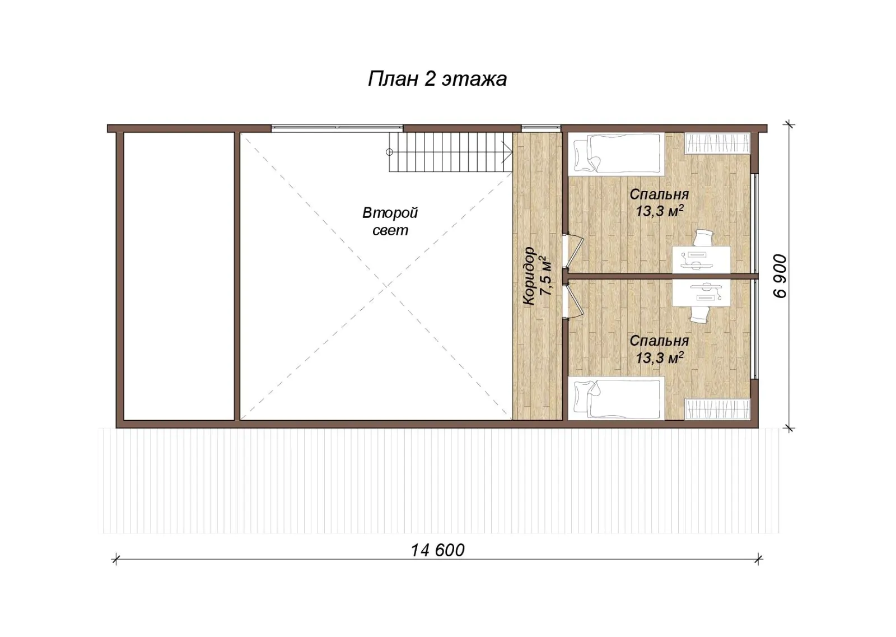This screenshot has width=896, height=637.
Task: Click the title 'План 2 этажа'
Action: (437, 79)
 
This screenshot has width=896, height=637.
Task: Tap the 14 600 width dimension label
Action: (437, 550)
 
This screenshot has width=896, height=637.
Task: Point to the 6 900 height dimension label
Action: (780, 276)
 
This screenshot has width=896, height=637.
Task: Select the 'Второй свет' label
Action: (390, 221)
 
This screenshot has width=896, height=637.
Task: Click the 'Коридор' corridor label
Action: (529, 276)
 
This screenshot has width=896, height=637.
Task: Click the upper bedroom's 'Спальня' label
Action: (659, 194)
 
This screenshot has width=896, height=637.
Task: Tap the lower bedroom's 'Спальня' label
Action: (659, 341)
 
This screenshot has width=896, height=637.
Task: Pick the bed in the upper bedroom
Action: (617, 154)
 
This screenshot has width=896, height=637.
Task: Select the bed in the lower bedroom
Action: (617, 398)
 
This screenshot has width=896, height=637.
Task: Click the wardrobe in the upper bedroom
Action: (717, 143)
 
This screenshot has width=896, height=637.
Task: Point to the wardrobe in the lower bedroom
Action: (717, 409)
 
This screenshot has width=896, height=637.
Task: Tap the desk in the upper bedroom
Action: (701, 259)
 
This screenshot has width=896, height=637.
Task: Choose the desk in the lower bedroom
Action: (701, 292)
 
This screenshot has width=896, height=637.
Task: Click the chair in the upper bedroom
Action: (703, 238)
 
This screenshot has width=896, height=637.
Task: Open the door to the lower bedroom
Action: (575, 301)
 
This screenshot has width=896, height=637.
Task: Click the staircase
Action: (451, 152)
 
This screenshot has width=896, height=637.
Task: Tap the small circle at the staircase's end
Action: (389, 152)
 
